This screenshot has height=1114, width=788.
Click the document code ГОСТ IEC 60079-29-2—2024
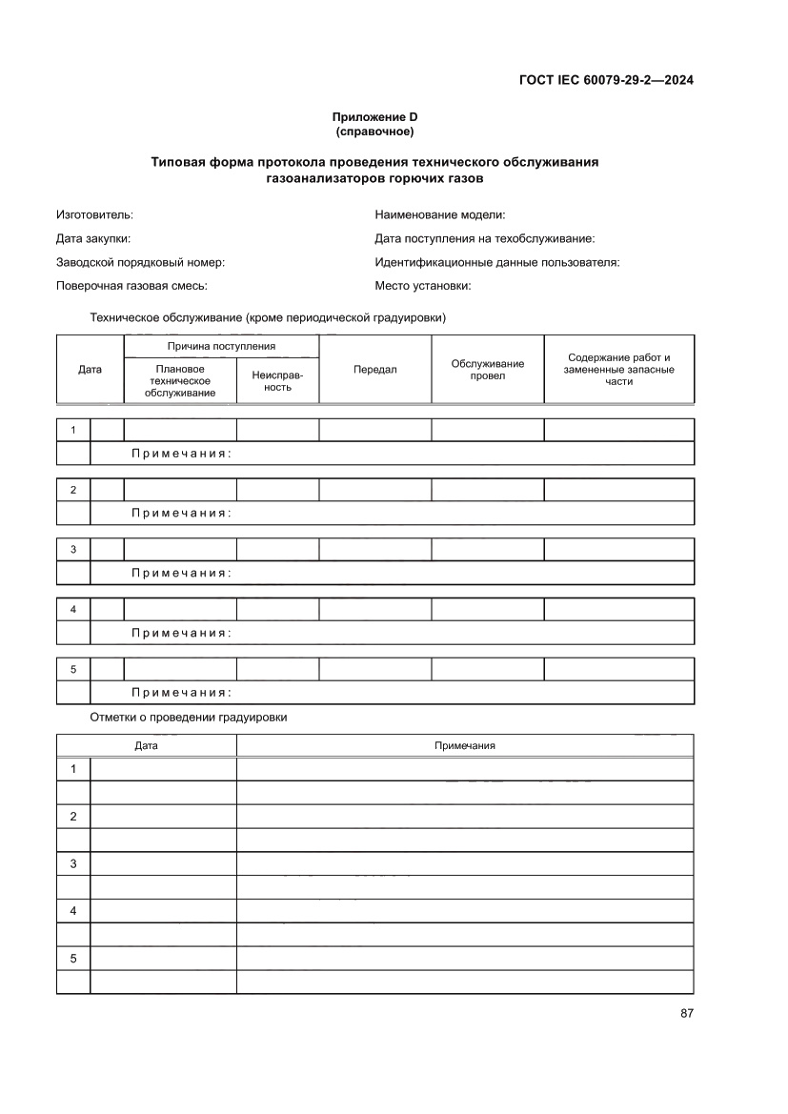click(605, 80)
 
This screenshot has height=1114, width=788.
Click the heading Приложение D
click(374, 117)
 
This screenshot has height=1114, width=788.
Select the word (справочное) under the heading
click(374, 131)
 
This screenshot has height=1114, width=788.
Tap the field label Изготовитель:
click(94, 215)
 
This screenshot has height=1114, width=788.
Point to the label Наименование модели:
click(439, 215)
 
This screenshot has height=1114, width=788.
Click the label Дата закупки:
click(93, 239)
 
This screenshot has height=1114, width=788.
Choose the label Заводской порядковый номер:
click(140, 262)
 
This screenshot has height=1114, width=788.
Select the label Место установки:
click(423, 286)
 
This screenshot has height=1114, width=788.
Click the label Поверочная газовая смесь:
click(131, 286)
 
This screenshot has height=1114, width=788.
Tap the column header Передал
click(374, 370)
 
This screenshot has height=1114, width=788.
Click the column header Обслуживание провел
click(487, 370)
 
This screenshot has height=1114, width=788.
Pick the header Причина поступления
click(221, 346)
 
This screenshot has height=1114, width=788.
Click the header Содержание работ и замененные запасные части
click(618, 369)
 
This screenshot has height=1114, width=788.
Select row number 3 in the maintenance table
click(73, 550)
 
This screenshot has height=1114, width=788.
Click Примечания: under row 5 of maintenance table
click(181, 693)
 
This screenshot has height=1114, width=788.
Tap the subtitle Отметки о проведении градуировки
click(188, 718)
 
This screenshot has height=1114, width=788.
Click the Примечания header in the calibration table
click(464, 746)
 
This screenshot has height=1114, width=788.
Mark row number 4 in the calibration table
click(73, 911)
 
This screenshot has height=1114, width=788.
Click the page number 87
click(686, 1013)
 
